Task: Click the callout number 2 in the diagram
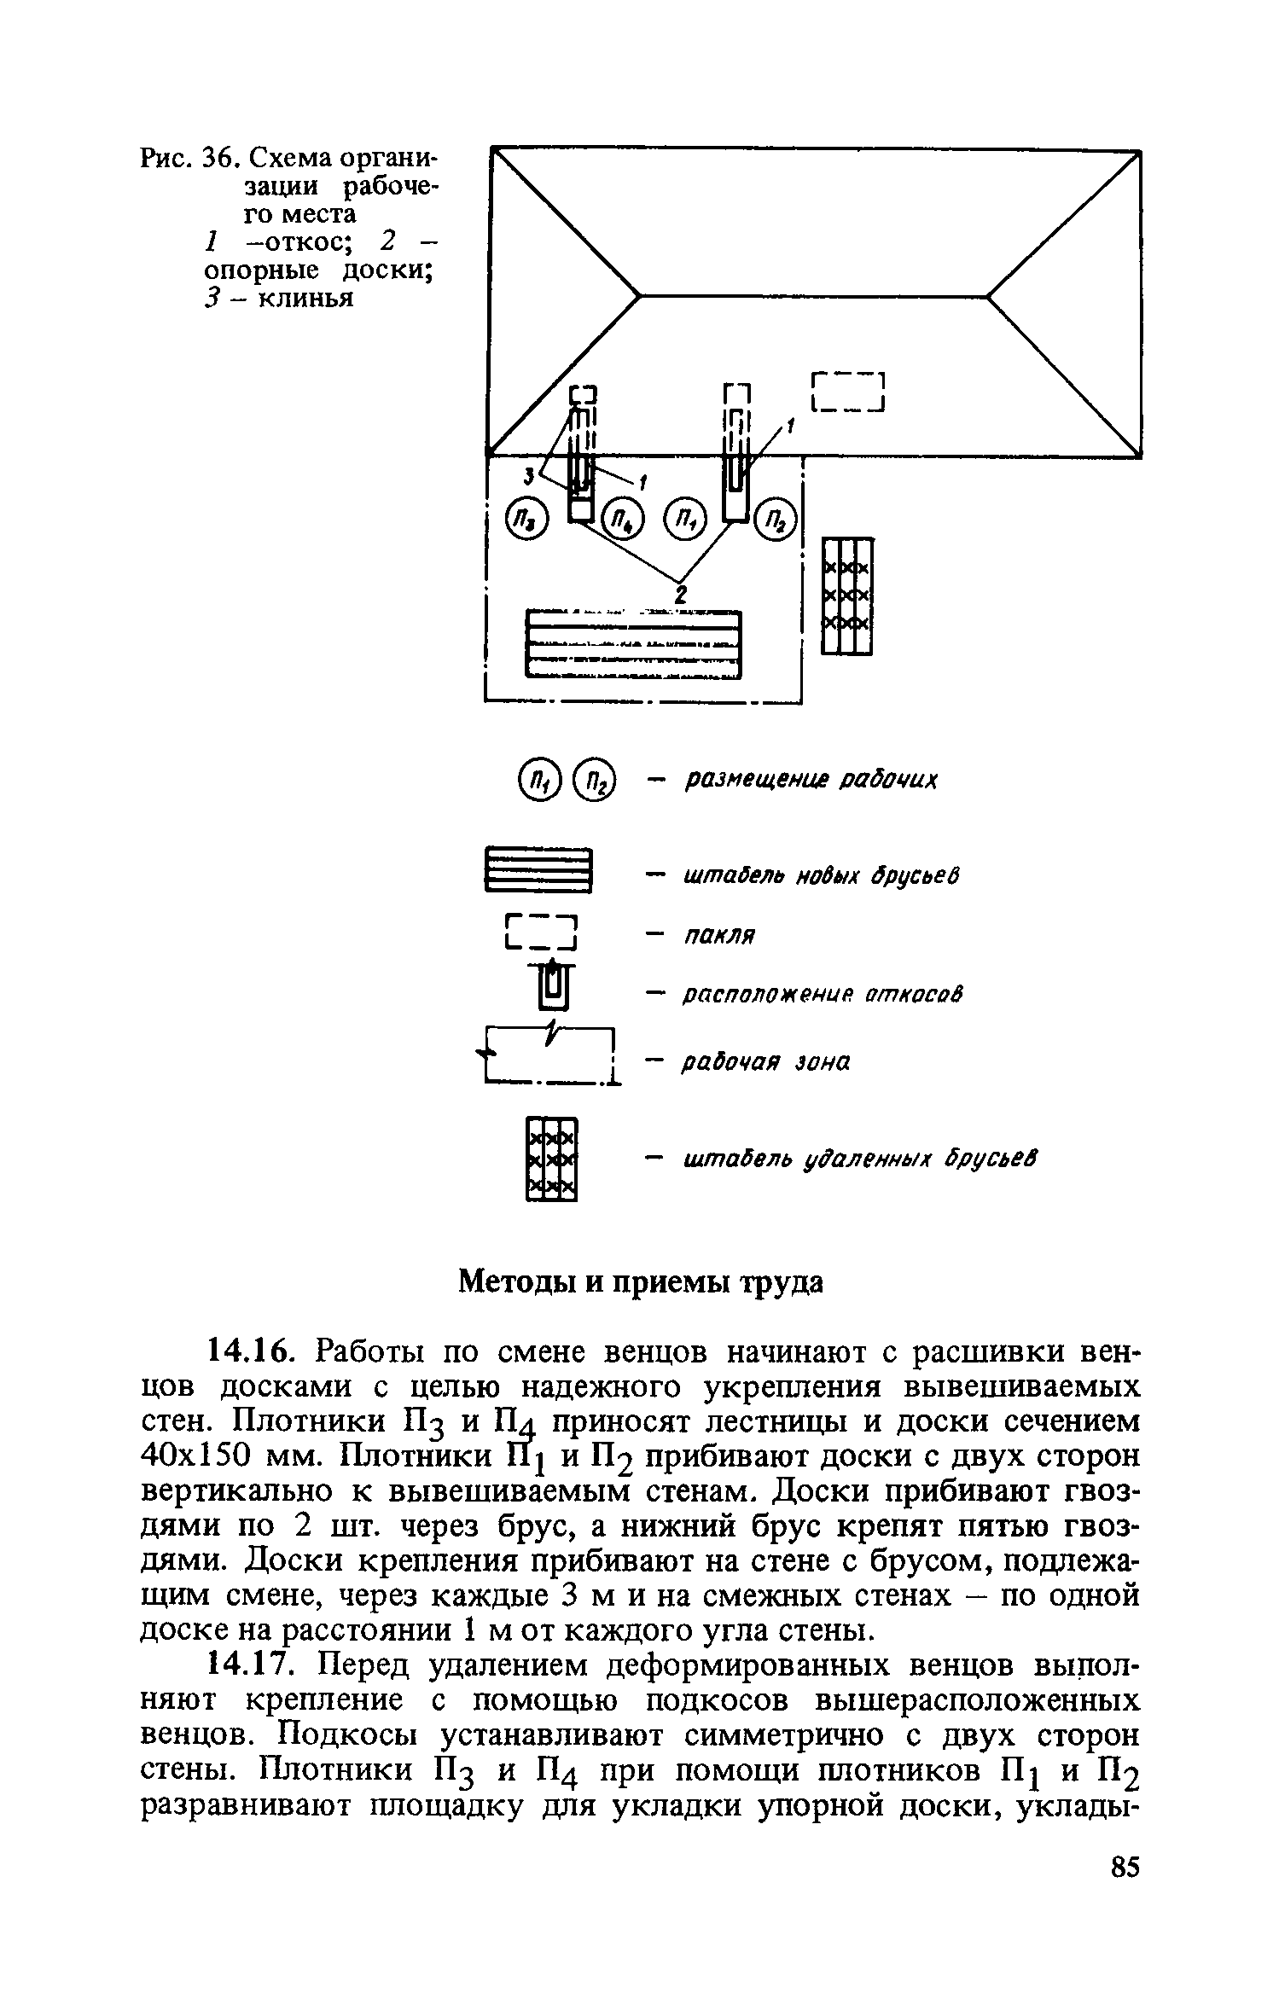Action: tap(681, 594)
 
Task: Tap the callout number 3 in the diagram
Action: tap(529, 473)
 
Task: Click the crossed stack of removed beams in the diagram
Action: tap(846, 596)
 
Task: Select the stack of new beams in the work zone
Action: tap(631, 644)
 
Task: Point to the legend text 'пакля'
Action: tap(719, 936)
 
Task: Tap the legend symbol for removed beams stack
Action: tap(551, 1159)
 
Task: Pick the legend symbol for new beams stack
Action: tap(538, 869)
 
